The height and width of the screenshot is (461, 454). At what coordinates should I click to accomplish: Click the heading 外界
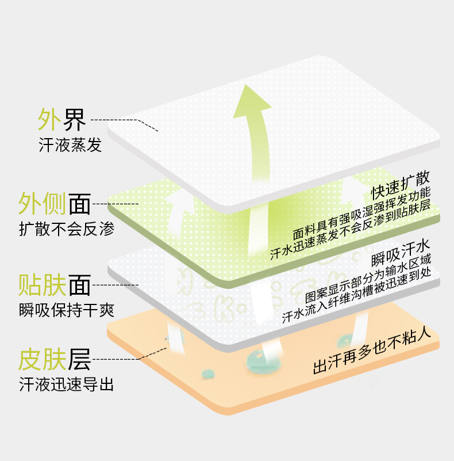click(61, 120)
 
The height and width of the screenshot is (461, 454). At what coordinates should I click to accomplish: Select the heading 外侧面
click(54, 204)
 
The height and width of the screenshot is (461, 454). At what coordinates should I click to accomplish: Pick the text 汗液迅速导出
click(66, 384)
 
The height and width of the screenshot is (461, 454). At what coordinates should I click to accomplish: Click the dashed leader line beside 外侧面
click(115, 204)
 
